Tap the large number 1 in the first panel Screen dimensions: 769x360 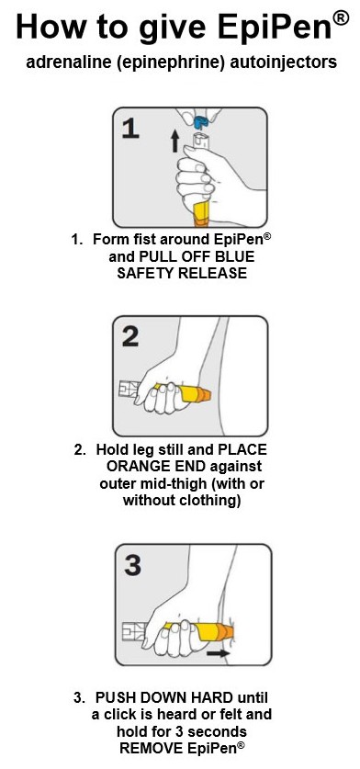click(131, 127)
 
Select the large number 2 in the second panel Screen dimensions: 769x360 click(131, 336)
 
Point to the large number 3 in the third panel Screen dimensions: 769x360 click(133, 565)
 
